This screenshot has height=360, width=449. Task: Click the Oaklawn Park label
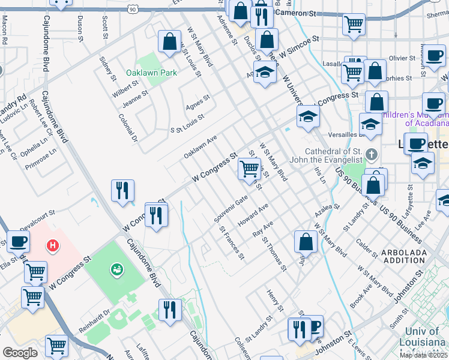pos(151,73)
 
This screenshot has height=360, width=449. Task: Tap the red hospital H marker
pos(53,245)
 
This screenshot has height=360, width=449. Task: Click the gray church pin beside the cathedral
pos(372,155)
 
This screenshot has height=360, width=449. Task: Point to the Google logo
pos(20,352)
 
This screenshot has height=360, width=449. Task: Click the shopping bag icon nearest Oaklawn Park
pos(170,42)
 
